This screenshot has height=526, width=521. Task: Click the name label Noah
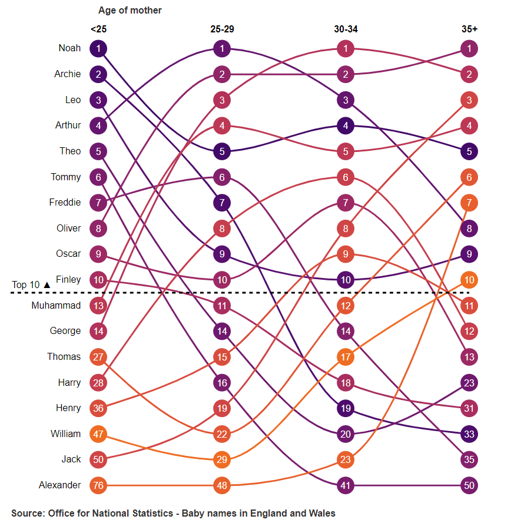click(x=69, y=48)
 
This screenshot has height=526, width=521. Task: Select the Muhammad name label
click(x=56, y=305)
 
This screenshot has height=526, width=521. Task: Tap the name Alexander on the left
click(x=59, y=485)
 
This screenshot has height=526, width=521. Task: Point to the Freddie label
click(x=65, y=203)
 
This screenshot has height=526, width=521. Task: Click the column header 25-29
click(x=222, y=29)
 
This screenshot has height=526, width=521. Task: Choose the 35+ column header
click(x=469, y=29)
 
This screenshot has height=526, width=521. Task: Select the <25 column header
click(x=98, y=29)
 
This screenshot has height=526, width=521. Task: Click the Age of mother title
click(x=130, y=11)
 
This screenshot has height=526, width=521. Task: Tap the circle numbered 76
click(x=98, y=486)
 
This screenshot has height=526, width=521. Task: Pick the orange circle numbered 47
click(x=98, y=434)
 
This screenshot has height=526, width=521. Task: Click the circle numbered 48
click(x=222, y=486)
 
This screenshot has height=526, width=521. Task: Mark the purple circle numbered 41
click(x=346, y=486)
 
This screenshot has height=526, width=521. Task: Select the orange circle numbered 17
click(x=346, y=357)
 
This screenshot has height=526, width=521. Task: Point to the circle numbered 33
click(x=469, y=434)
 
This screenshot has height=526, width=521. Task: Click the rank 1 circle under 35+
click(x=469, y=48)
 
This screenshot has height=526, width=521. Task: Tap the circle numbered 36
click(x=98, y=408)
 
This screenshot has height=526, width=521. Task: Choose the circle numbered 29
click(x=222, y=459)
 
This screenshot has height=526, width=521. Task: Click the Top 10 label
click(x=26, y=285)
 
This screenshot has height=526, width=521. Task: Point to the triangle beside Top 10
click(x=47, y=285)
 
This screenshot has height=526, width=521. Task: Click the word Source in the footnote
click(x=26, y=513)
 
